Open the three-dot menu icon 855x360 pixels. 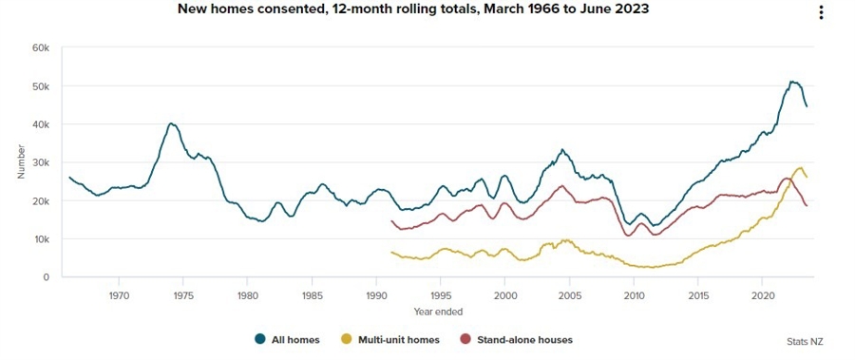[x=822, y=12]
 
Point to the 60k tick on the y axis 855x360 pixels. [x=41, y=47]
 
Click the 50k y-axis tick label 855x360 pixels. [x=41, y=86]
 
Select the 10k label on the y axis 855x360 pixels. [x=41, y=239]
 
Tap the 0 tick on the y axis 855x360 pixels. [x=46, y=277]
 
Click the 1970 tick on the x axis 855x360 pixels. [x=119, y=295]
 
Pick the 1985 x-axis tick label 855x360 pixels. [x=312, y=295]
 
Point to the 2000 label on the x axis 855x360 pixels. [x=504, y=295]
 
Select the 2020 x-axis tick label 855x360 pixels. [x=761, y=295]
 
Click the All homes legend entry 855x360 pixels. [x=287, y=339]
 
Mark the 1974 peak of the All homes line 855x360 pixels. [x=171, y=123]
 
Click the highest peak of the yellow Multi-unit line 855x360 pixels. [x=800, y=167]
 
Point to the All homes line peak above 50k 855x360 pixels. [x=792, y=82]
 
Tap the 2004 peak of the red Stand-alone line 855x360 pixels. [x=561, y=186]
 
